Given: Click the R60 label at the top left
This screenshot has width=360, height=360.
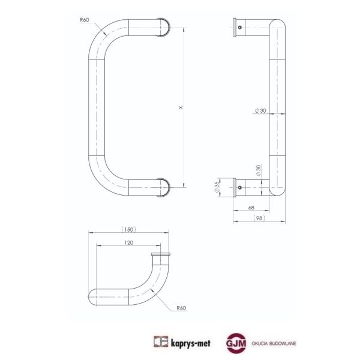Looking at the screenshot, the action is tap(84, 20).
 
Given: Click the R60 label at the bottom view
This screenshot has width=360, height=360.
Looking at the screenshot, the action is tap(181, 308).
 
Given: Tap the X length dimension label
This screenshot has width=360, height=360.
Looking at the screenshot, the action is tap(181, 107).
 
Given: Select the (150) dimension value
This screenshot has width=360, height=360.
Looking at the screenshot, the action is tap(128, 229).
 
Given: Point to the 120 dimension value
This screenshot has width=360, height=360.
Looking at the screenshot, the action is tap(128, 242).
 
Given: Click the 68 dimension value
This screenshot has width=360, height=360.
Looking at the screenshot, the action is tap(251, 208).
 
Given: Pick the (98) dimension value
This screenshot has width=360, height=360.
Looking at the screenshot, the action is tap(259, 218).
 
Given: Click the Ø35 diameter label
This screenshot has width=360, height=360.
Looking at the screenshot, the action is tap(217, 187).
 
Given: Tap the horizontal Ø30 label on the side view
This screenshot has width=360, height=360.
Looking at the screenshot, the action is tap(260, 110).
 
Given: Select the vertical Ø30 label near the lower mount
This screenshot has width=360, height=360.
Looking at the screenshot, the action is tap(258, 170).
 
